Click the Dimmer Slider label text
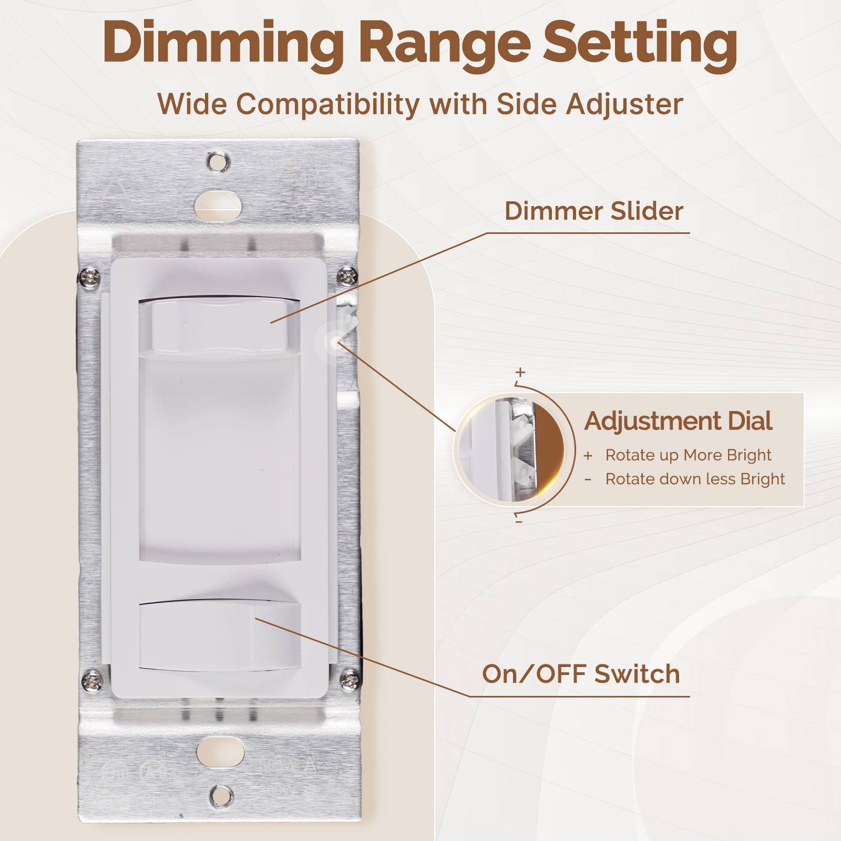pos(593,211)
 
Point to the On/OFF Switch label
pos(581,674)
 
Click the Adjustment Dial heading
pos(678,421)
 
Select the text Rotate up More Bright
pos(688,455)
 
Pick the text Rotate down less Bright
pos(695,479)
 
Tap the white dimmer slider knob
pos(219,326)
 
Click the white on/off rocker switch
pos(220,636)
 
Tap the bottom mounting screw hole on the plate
pos(221,796)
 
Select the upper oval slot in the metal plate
pos(218,202)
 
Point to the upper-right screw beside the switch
pos(347,275)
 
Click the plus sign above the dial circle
pos(520,372)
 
